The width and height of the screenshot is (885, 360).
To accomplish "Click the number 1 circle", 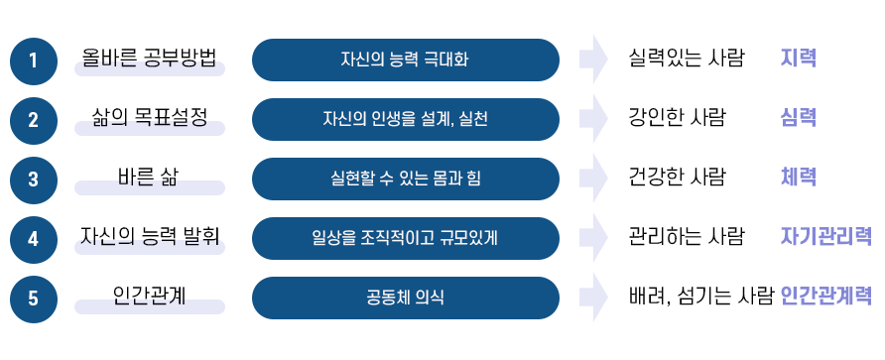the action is point(34,60).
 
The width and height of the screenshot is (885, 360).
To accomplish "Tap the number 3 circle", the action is point(34,180).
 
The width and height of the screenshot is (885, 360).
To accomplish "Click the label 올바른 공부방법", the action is point(150,57).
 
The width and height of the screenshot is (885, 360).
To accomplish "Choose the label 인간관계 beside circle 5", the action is point(150,295).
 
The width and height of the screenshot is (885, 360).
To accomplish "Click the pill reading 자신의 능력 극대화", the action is point(405,60).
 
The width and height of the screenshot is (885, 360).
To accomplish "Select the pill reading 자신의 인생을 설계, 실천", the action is point(405,120).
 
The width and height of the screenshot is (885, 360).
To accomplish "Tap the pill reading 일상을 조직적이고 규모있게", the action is point(405,238).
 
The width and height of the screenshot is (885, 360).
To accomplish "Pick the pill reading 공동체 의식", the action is point(405,298).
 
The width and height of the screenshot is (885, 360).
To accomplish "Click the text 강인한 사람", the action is point(678,118).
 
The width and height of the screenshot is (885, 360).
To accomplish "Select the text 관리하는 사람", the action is point(687,237).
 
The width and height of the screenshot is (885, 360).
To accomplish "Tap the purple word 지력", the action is point(799,59).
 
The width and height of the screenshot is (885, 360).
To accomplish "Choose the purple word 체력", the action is point(799,178).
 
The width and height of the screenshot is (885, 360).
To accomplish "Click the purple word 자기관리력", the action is point(826,237).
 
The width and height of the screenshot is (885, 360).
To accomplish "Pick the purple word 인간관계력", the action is point(826,297).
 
